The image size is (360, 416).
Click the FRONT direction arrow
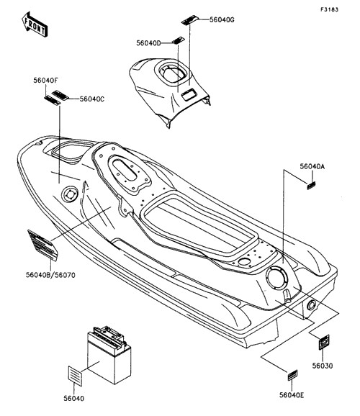[35, 24]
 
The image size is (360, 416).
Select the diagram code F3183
[330, 9]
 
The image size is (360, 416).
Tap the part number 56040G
[222, 19]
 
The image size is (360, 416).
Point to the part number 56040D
[148, 43]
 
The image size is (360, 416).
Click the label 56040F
[45, 80]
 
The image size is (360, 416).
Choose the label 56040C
[92, 99]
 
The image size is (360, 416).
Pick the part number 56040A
[312, 166]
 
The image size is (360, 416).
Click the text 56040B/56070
[50, 275]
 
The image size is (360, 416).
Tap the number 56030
[323, 366]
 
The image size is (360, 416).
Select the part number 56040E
[292, 395]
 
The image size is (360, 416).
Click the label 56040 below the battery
[74, 398]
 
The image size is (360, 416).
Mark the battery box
[109, 355]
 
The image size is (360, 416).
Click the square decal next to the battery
[75, 376]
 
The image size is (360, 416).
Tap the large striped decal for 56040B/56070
[42, 245]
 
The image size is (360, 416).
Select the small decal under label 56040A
[311, 186]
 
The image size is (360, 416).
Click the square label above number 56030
[324, 343]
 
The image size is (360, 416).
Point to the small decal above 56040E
[292, 375]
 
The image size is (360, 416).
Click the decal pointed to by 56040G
[190, 20]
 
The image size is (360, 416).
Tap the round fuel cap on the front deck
[70, 195]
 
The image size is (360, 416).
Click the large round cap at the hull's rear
[277, 278]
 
